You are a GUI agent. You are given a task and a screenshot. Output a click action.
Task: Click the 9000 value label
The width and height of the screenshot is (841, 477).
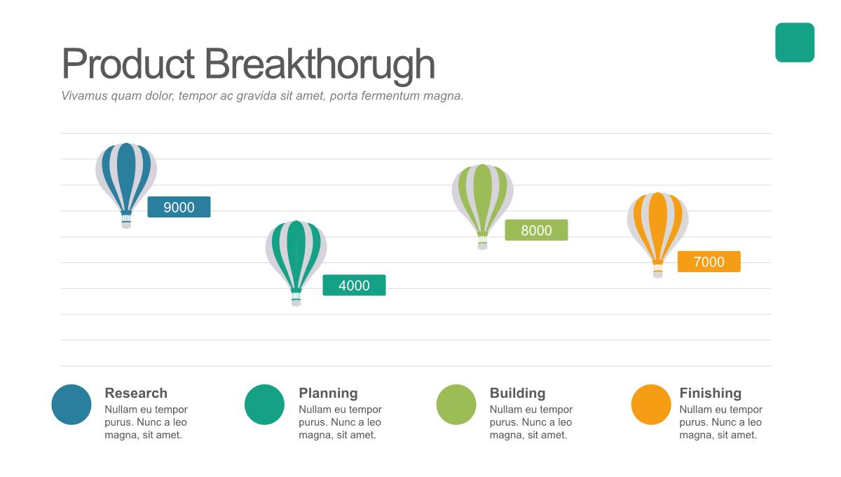(179, 207)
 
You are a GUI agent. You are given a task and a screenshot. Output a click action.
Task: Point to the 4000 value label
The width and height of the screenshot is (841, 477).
(354, 285)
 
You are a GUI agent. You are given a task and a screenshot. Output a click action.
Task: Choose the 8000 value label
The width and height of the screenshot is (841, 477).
(536, 230)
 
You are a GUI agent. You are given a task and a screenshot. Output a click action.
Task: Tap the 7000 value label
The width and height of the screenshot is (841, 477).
(709, 262)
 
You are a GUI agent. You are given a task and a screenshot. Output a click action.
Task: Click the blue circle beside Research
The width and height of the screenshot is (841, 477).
(71, 405)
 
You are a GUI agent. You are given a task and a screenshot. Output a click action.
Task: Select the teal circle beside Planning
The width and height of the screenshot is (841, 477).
(264, 405)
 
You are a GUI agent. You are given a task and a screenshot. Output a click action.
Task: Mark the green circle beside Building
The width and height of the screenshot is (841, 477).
(456, 405)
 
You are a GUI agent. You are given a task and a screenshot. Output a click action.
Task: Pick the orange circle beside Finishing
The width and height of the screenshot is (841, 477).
(651, 405)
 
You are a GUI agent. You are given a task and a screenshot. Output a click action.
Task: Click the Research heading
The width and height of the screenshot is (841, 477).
(136, 393)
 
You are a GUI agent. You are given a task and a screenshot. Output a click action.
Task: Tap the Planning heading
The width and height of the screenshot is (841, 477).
(328, 394)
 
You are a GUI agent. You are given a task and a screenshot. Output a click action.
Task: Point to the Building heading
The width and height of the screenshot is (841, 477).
(517, 394)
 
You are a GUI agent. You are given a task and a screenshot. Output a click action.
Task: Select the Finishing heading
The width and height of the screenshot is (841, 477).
(711, 394)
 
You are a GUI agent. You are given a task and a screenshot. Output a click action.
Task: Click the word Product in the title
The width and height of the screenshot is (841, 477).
(128, 63)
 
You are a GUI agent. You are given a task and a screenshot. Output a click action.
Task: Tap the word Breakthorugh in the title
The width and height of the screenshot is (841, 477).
(320, 65)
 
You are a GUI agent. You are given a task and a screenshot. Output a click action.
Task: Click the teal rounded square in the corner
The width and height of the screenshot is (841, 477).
(795, 43)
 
